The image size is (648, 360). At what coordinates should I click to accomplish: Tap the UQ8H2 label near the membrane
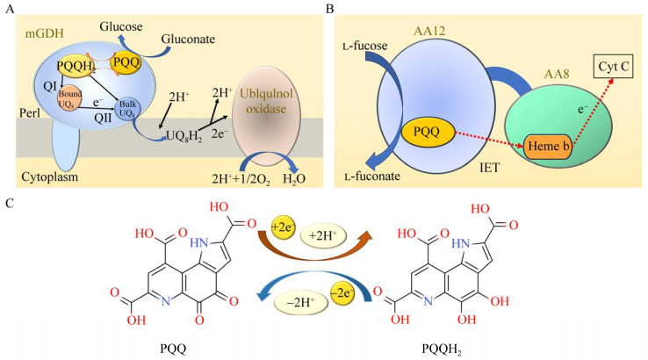coord(175,140)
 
